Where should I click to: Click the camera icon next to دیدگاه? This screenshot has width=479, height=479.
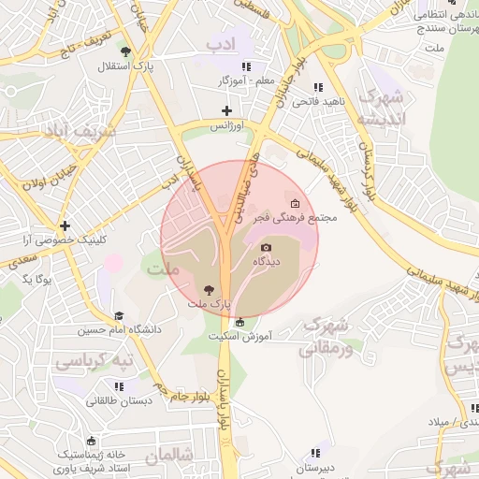(265, 247)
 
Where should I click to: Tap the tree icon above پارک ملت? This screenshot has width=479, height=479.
(208, 289)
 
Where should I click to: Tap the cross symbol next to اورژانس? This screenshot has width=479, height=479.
(226, 111)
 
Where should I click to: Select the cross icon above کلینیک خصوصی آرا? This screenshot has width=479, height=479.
(65, 225)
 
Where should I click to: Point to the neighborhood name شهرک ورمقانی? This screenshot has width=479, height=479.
(326, 338)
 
